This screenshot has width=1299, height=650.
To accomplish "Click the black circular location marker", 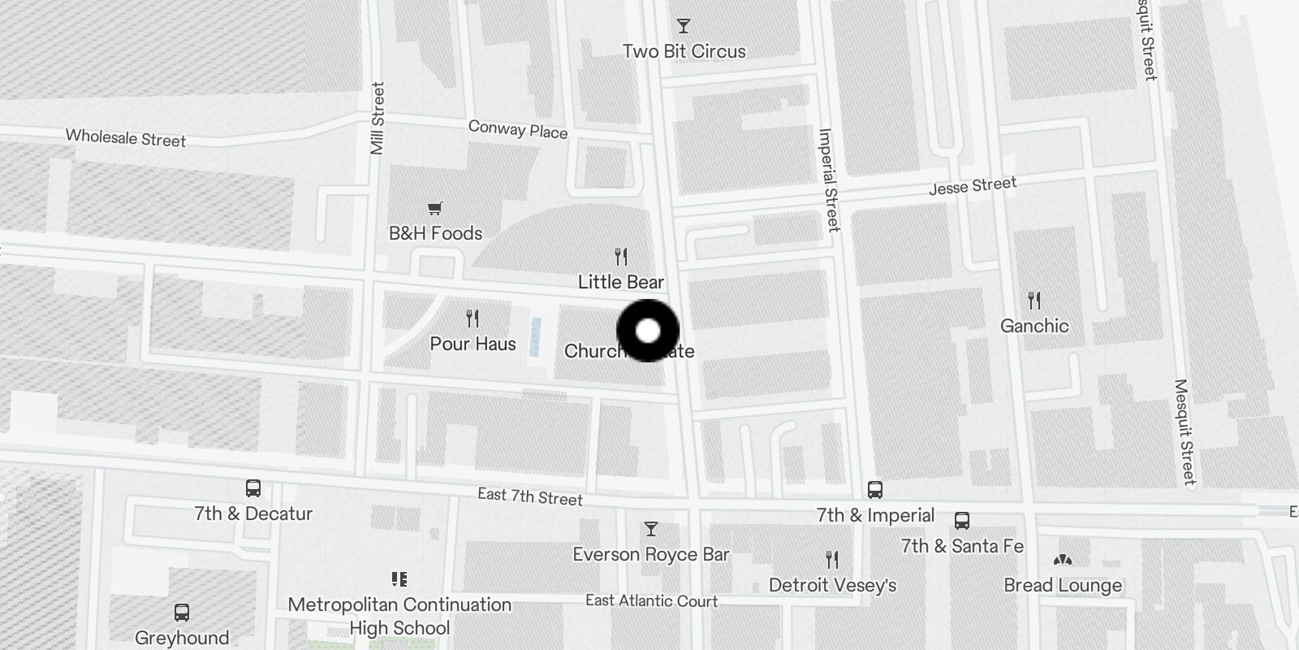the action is [x=648, y=331].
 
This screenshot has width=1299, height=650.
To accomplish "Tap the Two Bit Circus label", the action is [x=684, y=51].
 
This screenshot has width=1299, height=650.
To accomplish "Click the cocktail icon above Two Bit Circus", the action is [x=684, y=27].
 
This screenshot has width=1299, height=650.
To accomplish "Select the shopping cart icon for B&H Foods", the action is [x=435, y=209].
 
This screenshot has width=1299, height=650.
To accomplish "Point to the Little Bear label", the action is [x=621, y=282].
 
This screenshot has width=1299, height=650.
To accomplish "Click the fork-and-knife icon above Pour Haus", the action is [x=473, y=318].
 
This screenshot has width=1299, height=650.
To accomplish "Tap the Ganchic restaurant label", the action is [x=1034, y=326].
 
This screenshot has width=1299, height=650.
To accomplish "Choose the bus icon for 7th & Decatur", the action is [x=253, y=488].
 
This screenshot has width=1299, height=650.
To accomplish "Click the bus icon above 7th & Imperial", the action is [x=874, y=490].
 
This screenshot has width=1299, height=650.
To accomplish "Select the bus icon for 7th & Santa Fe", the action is [x=962, y=521].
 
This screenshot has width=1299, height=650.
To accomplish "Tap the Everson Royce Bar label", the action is [x=650, y=554].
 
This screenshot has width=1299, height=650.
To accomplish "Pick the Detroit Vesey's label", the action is [x=832, y=585].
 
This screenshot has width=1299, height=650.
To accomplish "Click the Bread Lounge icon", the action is [x=1062, y=560].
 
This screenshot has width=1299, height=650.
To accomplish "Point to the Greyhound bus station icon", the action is [x=182, y=613].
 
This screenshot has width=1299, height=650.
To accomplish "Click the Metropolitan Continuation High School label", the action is [x=399, y=616].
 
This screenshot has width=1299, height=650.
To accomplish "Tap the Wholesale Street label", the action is [x=126, y=138].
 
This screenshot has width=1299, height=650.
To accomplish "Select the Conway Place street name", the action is [x=518, y=129].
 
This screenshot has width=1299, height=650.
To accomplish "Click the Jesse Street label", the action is [x=973, y=186].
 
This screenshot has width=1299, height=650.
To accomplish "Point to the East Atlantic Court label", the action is [x=651, y=600].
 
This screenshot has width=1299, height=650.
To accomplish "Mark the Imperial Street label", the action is [x=828, y=180].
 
